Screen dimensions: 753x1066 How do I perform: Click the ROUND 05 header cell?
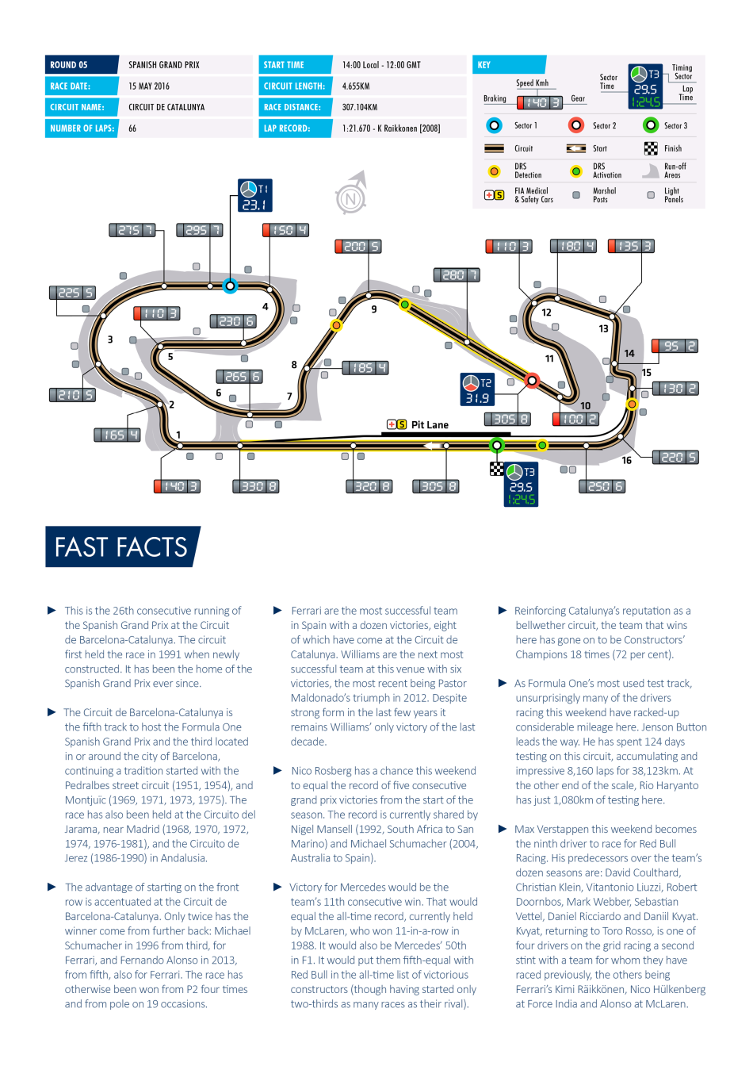(x=82, y=65)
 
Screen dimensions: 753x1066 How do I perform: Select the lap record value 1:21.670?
(x=357, y=128)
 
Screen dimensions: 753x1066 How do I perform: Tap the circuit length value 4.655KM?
(x=356, y=86)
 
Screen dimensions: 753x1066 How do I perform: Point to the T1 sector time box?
(x=255, y=196)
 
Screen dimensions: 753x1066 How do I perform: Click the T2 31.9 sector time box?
(x=477, y=389)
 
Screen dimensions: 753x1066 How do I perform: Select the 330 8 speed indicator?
(x=255, y=487)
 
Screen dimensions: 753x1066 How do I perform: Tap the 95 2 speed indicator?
(x=675, y=346)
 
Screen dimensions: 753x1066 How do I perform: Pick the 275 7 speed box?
(x=132, y=230)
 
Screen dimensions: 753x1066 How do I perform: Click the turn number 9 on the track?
(x=374, y=310)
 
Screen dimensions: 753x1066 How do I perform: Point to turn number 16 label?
(x=626, y=461)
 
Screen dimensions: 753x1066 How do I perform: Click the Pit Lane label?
(x=430, y=425)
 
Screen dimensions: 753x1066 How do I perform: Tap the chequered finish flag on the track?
(x=497, y=470)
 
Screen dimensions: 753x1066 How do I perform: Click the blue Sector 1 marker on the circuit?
(x=230, y=286)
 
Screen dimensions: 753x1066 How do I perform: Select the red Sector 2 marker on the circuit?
(x=532, y=381)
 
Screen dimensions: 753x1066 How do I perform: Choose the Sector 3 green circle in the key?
(x=651, y=125)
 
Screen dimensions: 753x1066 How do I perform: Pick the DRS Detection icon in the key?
(x=495, y=171)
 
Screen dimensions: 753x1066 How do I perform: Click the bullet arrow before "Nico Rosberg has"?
(x=277, y=771)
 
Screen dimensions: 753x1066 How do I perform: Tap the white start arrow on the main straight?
(x=432, y=446)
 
